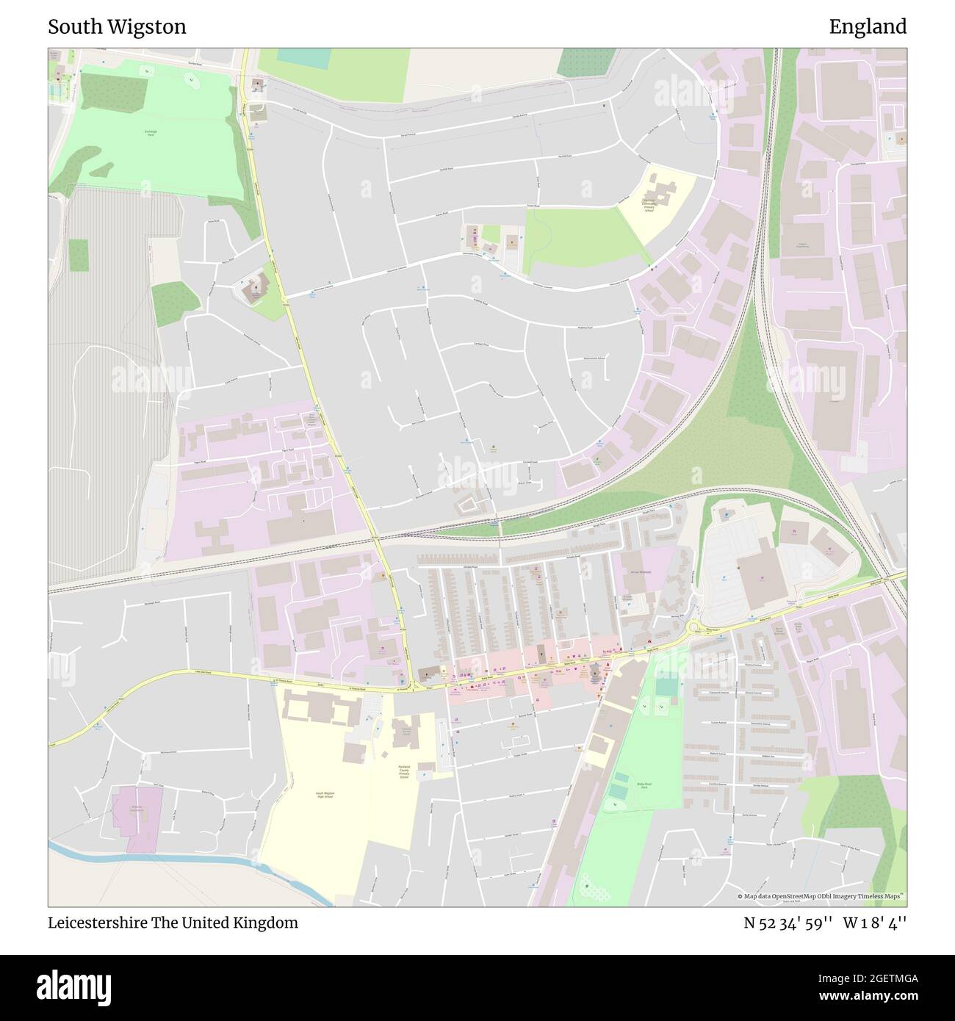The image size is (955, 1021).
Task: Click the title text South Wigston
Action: (117, 27)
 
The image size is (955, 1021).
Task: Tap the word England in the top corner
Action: (868, 27)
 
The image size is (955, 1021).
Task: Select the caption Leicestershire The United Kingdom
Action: (173, 923)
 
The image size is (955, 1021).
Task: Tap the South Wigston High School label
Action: (330, 795)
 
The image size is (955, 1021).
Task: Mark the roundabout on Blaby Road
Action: (693, 627)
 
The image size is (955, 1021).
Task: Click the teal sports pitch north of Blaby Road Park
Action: (666, 688)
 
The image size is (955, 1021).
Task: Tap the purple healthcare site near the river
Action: (137, 818)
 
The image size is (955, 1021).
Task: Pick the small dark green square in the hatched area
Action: (79, 254)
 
